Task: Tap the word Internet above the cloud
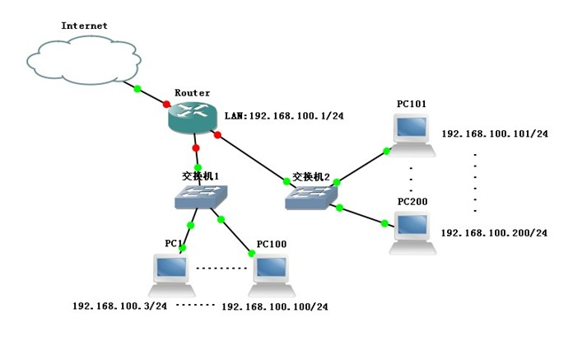click(84, 26)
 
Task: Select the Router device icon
click(193, 119)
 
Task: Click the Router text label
click(192, 93)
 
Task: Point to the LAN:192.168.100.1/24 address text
click(283, 116)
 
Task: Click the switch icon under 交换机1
click(200, 197)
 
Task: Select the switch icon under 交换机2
click(310, 197)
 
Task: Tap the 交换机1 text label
click(200, 175)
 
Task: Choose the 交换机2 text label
click(310, 177)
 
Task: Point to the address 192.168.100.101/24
click(494, 133)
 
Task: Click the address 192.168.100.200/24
click(494, 233)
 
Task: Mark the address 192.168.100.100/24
click(275, 306)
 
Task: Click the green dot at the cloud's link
click(137, 89)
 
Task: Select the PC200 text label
click(412, 202)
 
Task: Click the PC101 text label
click(411, 104)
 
